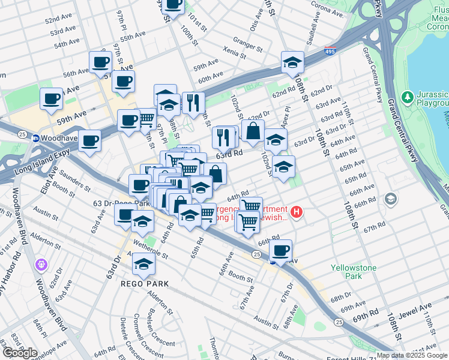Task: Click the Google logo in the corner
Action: point(20,353)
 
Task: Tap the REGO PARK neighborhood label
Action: point(143,283)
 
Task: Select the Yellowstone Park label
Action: point(346,272)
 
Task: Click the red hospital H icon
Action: point(296,212)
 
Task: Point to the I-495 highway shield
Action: point(330,52)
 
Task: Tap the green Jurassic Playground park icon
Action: point(408,97)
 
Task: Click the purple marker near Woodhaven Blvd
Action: point(41,263)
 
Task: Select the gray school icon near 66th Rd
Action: point(391,198)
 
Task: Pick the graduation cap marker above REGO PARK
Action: point(143,262)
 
